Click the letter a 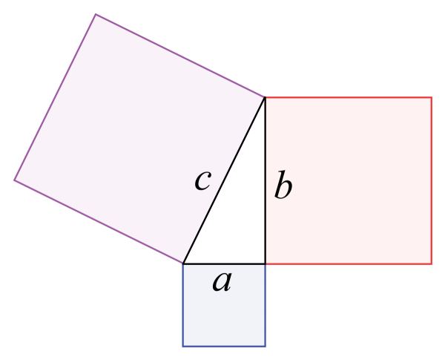(222, 281)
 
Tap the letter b (283, 184)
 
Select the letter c (203, 180)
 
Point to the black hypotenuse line (224, 180)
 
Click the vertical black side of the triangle (265, 180)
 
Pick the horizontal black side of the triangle (224, 264)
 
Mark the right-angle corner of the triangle (265, 264)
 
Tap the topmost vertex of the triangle (265, 97)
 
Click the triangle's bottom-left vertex (183, 264)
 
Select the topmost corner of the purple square (96, 14)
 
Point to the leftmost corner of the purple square (15, 180)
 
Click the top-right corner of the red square (432, 97)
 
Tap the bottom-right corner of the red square (432, 264)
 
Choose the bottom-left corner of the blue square (183, 346)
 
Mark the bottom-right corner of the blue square (265, 346)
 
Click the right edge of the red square (432, 180)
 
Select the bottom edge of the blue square (224, 346)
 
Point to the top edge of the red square (349, 97)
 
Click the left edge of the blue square (183, 305)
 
